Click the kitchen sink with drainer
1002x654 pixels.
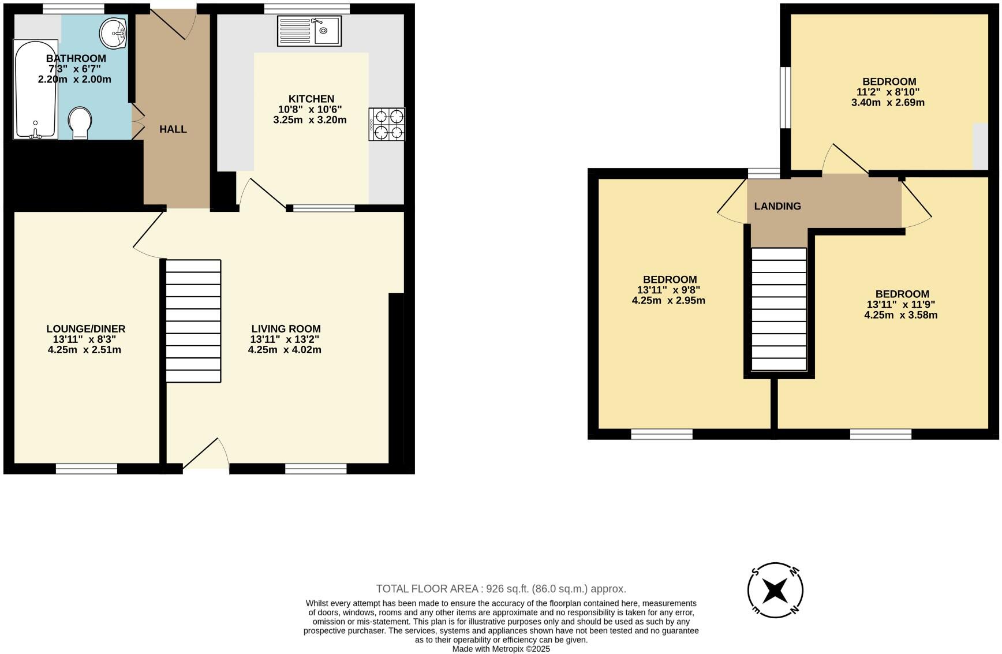coord(309,31)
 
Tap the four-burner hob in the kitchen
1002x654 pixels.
coord(387,124)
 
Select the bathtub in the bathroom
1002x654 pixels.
coord(35,89)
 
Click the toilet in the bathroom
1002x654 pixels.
coord(80,123)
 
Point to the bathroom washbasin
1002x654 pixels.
coord(114,33)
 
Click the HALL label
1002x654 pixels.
coord(173,129)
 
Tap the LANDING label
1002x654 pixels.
coord(777,206)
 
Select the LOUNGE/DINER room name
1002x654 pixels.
coord(85,329)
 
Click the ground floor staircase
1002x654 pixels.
coord(193,321)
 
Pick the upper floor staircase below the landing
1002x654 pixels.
coord(779,309)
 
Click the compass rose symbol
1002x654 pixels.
coord(775,590)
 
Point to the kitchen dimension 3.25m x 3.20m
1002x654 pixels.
coord(310,120)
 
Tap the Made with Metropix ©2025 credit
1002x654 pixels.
coord(501,649)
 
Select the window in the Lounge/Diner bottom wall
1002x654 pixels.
coord(87,468)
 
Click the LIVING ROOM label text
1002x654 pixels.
coord(286,329)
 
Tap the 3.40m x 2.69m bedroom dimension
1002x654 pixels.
coord(888,103)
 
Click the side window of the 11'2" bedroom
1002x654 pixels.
coord(785,97)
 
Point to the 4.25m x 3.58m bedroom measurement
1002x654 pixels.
coord(900,315)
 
